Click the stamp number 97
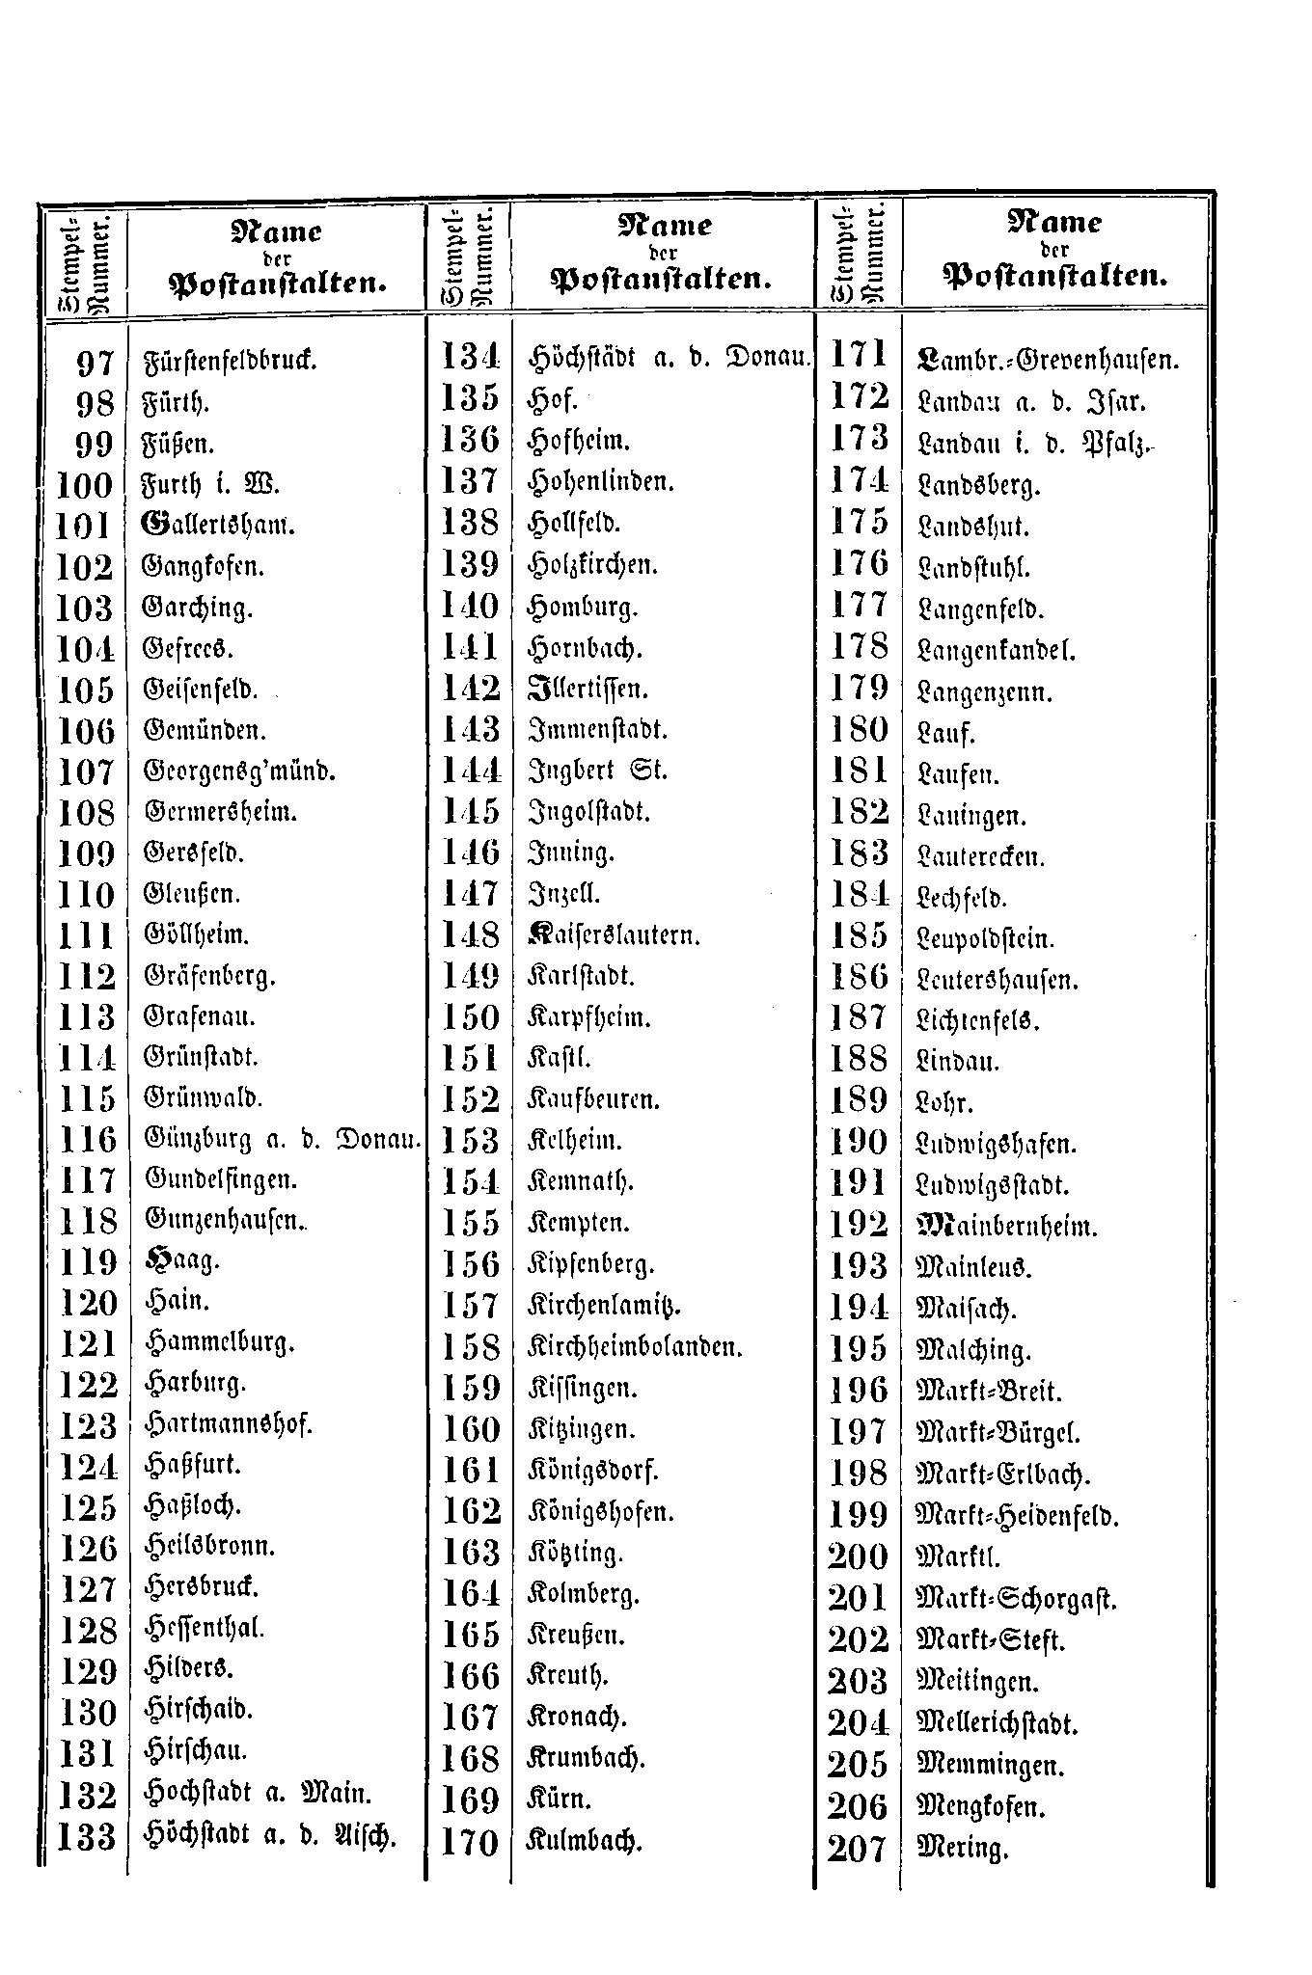[x=95, y=364]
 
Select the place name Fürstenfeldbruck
[x=230, y=363]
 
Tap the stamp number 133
[x=87, y=1837]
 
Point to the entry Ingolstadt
[x=590, y=811]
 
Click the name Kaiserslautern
[x=614, y=934]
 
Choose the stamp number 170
[x=471, y=1843]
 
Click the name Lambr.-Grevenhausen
[x=1048, y=361]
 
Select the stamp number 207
[x=857, y=1849]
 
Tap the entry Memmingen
[x=990, y=1766]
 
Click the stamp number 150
[x=471, y=1017]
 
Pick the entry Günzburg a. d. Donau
[x=283, y=1140]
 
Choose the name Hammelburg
[x=220, y=1342]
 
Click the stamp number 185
[x=859, y=936]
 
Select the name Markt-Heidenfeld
[x=1017, y=1516]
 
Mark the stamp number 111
[x=87, y=936]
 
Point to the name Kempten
[x=579, y=1223]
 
